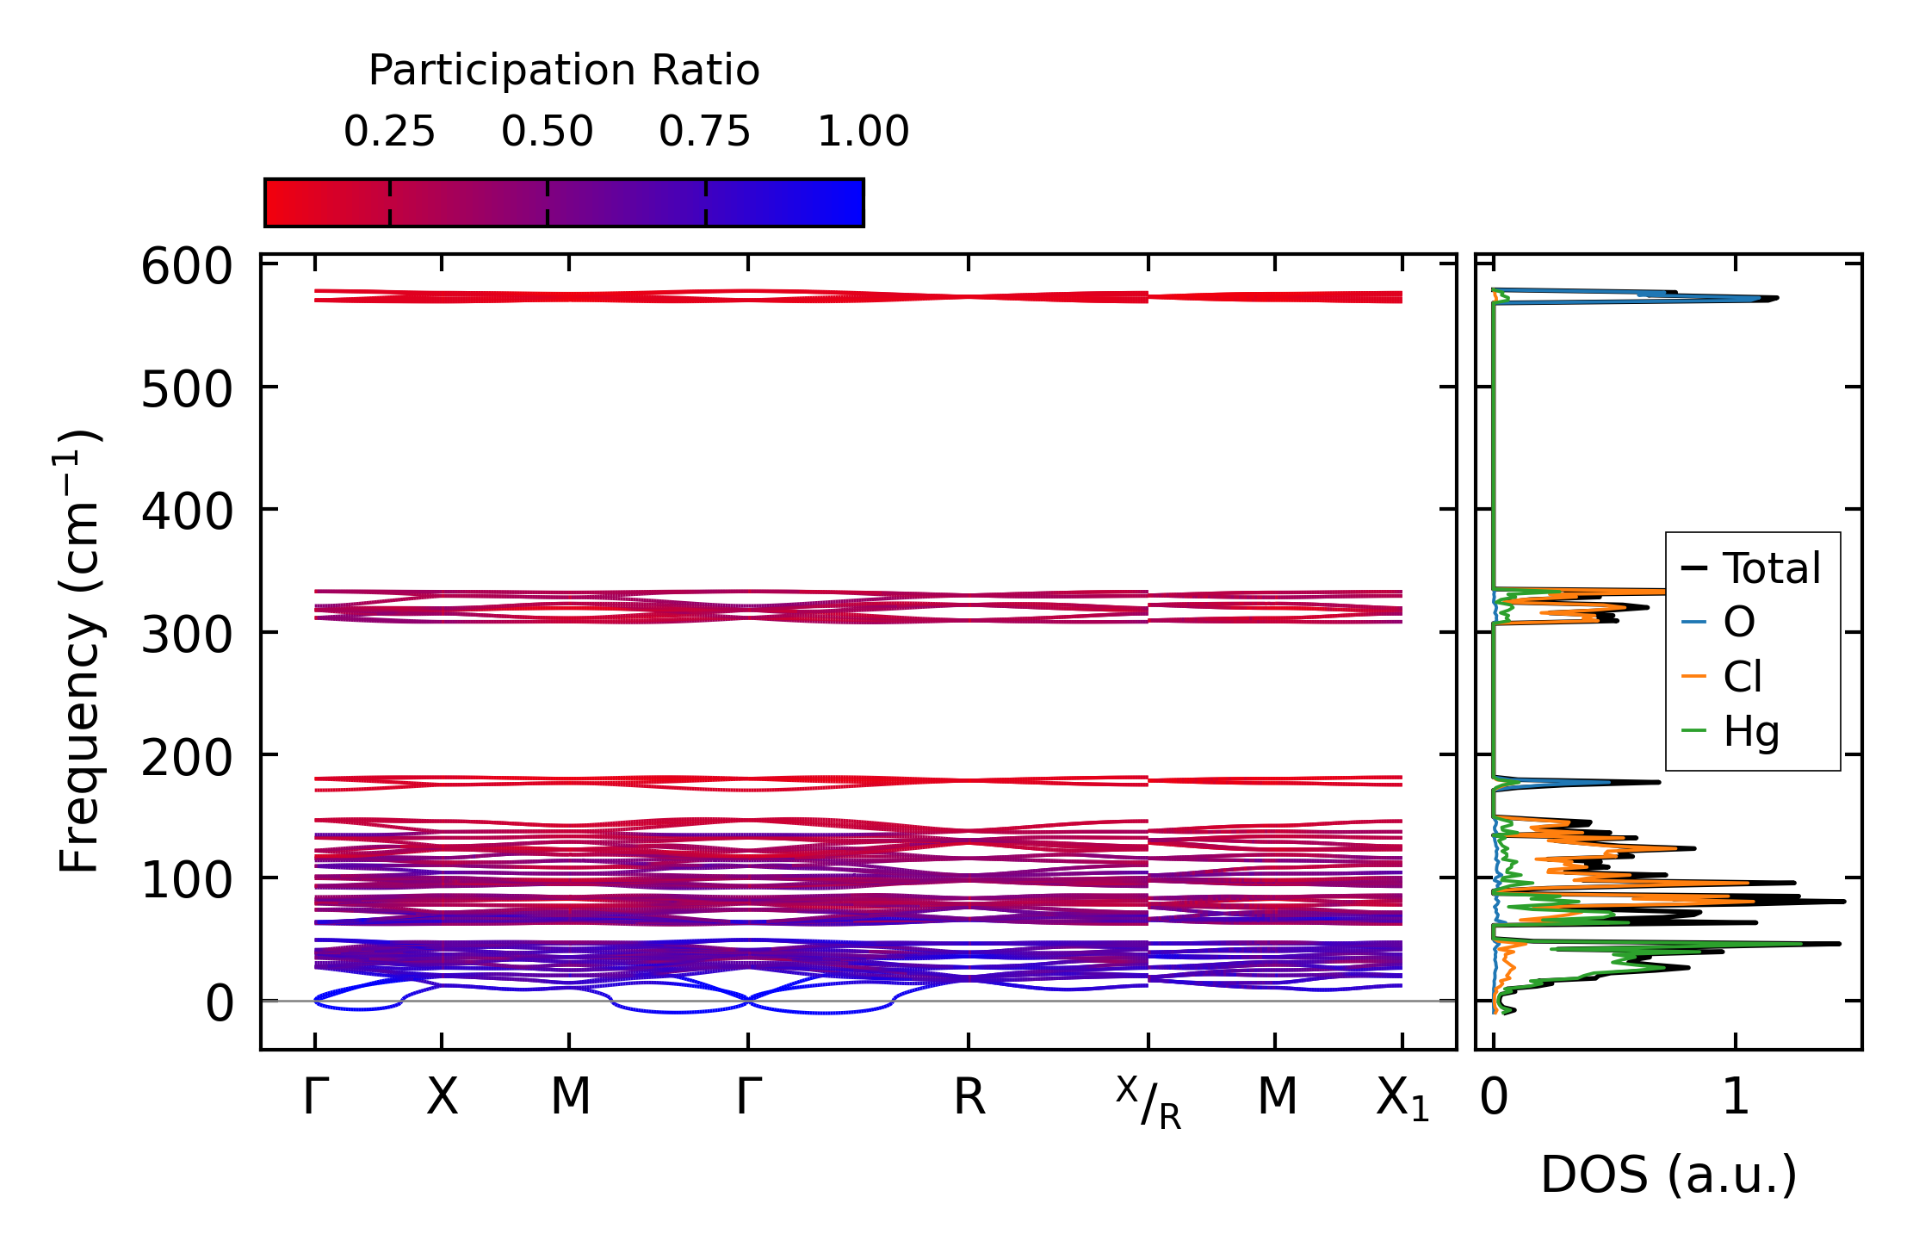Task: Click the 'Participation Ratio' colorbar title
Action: pyautogui.click(x=564, y=71)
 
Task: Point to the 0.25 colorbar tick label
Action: pyautogui.click(x=389, y=132)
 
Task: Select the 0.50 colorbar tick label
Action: pyautogui.click(x=547, y=132)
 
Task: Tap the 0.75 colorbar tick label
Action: pyautogui.click(x=704, y=132)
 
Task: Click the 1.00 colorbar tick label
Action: pyautogui.click(x=863, y=132)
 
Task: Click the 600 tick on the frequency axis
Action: pyautogui.click(x=187, y=267)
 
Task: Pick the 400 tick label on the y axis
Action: pyautogui.click(x=187, y=512)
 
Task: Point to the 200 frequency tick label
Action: pyautogui.click(x=187, y=759)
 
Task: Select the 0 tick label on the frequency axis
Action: pyautogui.click(x=219, y=1004)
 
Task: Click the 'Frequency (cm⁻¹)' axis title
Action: pyautogui.click(x=79, y=651)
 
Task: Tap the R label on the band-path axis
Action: pyautogui.click(x=969, y=1098)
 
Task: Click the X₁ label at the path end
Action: pyautogui.click(x=1402, y=1100)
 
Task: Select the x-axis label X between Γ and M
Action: pyautogui.click(x=442, y=1098)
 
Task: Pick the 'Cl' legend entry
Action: pyautogui.click(x=1742, y=677)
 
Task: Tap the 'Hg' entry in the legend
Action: pyautogui.click(x=1750, y=732)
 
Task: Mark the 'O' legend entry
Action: pyautogui.click(x=1738, y=622)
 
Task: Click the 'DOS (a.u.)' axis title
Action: pyautogui.click(x=1668, y=1175)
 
